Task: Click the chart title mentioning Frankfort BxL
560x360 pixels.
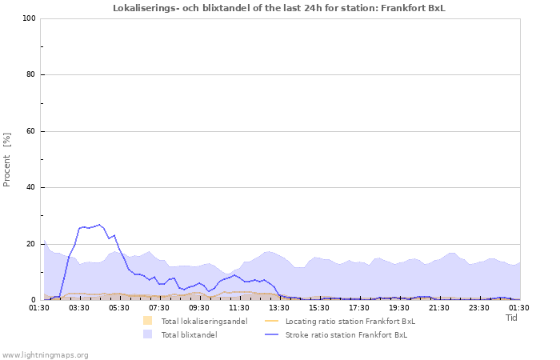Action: click(x=279, y=8)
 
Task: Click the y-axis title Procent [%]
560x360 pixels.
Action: click(x=7, y=159)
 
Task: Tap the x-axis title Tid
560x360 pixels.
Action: click(x=512, y=318)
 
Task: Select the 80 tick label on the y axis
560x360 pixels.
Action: click(x=30, y=75)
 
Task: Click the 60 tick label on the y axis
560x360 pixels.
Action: click(x=30, y=131)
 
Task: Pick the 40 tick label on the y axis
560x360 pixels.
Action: click(x=30, y=188)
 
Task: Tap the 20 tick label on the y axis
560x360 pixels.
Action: click(x=30, y=244)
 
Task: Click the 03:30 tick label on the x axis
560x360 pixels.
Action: click(x=79, y=307)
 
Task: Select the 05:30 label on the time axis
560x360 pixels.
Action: click(x=119, y=307)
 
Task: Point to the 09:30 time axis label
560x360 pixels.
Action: click(x=199, y=307)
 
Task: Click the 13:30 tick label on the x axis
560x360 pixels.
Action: click(x=279, y=307)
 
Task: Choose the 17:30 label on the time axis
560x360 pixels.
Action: click(x=359, y=307)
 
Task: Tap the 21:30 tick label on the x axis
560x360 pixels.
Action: click(x=439, y=307)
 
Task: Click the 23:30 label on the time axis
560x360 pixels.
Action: click(x=479, y=307)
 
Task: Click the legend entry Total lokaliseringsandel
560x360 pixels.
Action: click(x=204, y=322)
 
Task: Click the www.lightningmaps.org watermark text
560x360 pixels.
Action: click(x=45, y=354)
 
